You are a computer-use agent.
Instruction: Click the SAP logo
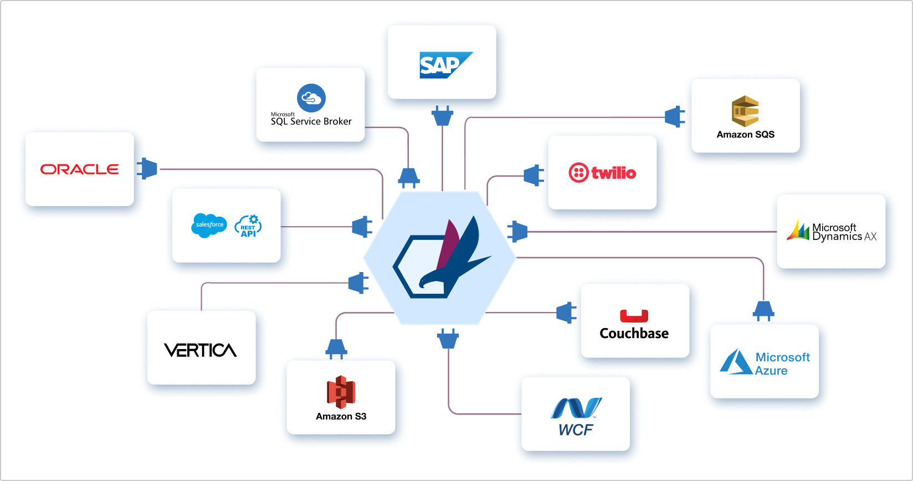coord(446,65)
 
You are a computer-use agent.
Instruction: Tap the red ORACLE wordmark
coord(79,169)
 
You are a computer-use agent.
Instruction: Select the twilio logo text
coord(613,173)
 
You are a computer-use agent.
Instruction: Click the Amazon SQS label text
coord(746,135)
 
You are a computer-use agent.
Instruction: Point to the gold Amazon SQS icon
coord(745,111)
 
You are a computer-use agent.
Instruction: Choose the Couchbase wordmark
coord(634,334)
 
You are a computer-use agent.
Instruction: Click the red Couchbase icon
coord(634,316)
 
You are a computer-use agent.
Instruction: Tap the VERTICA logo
coord(200,350)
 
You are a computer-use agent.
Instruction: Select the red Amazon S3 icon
coord(341,392)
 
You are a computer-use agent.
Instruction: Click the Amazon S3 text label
coord(341,417)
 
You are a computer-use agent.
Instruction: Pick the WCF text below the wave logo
coord(576,430)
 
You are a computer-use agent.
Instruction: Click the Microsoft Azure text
coord(783,364)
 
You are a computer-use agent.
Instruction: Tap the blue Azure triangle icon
coord(736,361)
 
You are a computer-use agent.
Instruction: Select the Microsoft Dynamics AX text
coord(844,232)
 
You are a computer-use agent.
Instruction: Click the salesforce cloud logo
coord(209,226)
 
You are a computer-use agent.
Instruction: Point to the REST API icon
coord(248,226)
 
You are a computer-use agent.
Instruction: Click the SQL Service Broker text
coord(311,121)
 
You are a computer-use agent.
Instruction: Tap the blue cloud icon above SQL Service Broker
coord(311,98)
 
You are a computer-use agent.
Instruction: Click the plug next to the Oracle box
coord(147,168)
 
